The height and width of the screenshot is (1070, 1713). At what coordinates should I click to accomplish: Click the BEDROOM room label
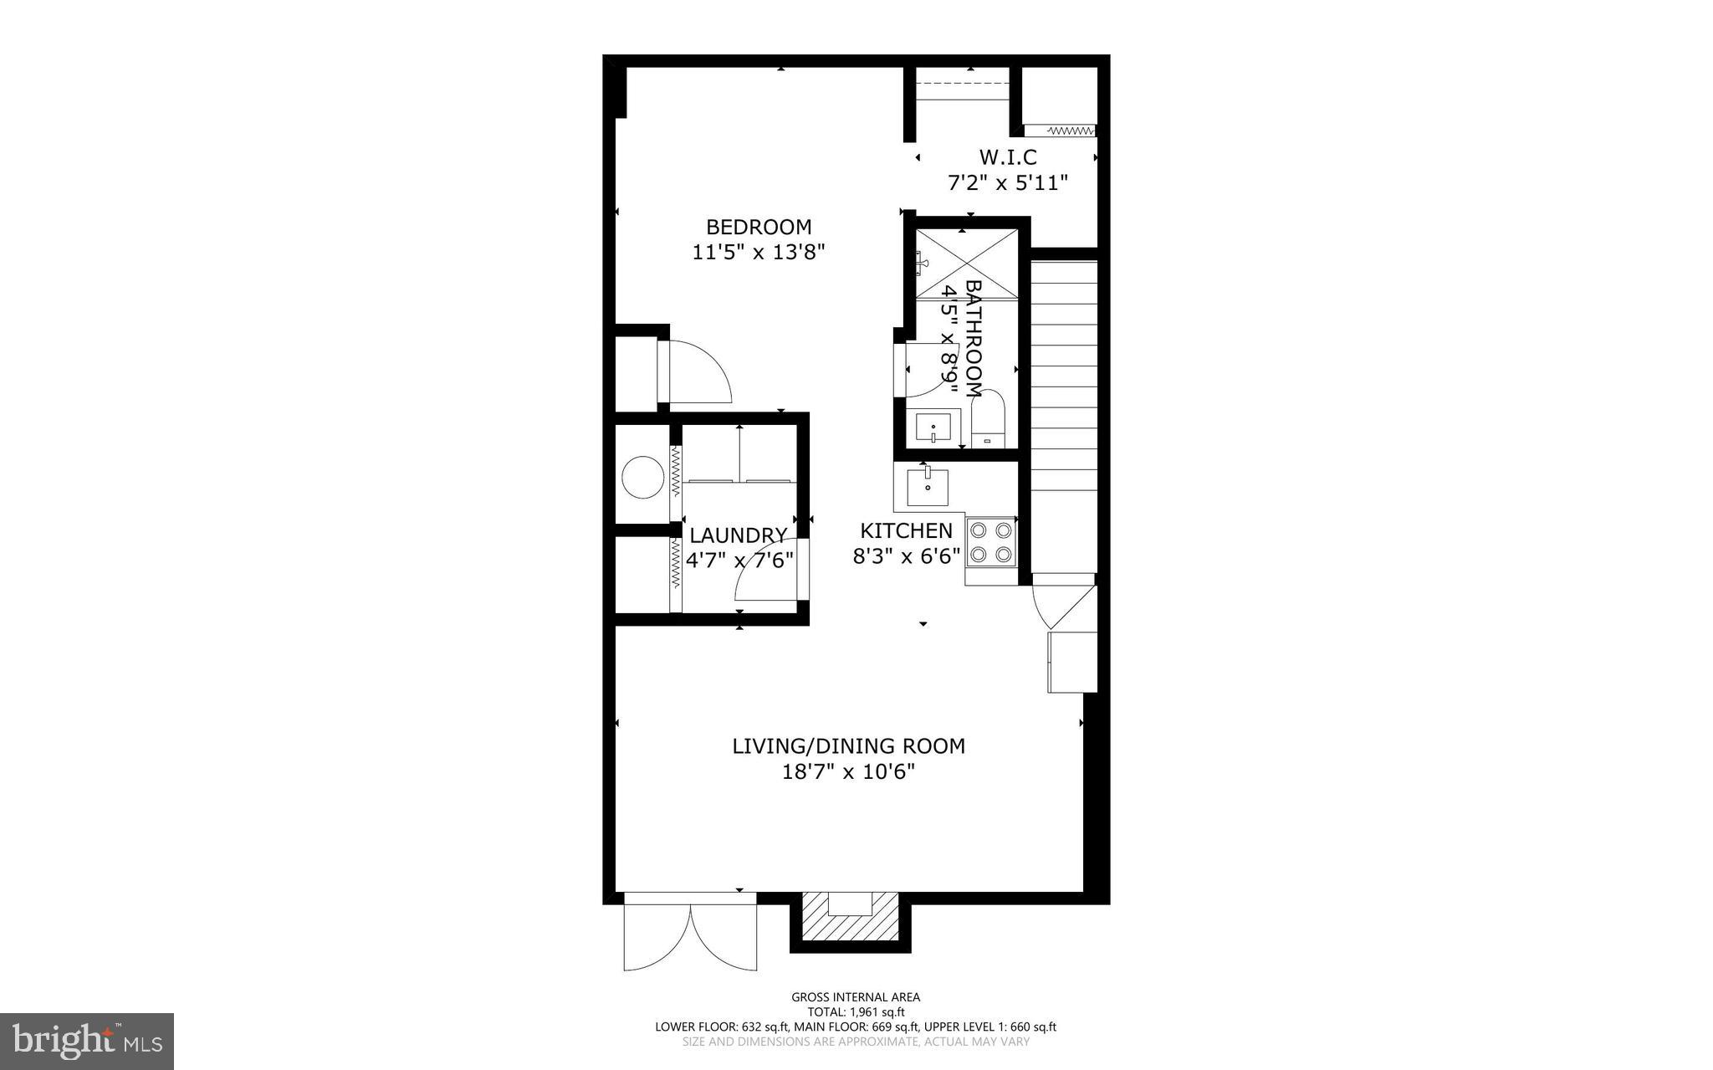(759, 227)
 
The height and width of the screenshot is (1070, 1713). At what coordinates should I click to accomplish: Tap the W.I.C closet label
(1008, 157)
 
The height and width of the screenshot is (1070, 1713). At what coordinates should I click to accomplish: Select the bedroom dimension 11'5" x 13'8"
(759, 252)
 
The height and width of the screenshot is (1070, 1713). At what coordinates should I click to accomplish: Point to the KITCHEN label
(907, 530)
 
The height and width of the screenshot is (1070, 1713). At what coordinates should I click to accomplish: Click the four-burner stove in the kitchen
(990, 541)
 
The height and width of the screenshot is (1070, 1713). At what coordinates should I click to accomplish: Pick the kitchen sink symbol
(928, 487)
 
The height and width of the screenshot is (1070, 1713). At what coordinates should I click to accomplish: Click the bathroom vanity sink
(933, 428)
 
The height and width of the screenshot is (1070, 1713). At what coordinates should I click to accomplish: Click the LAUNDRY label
(738, 535)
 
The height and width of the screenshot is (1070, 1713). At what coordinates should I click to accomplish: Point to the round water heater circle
(643, 477)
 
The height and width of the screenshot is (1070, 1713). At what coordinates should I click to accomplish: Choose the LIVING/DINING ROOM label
(848, 745)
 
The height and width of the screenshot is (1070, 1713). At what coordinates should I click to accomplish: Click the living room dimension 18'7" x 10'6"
(848, 771)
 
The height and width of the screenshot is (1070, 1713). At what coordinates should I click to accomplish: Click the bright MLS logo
(87, 1041)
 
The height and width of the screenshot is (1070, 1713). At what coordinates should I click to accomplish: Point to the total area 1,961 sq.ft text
(856, 1011)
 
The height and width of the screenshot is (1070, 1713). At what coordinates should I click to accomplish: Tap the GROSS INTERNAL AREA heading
(856, 996)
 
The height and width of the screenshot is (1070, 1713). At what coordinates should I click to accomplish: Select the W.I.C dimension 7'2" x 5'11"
(1008, 182)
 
